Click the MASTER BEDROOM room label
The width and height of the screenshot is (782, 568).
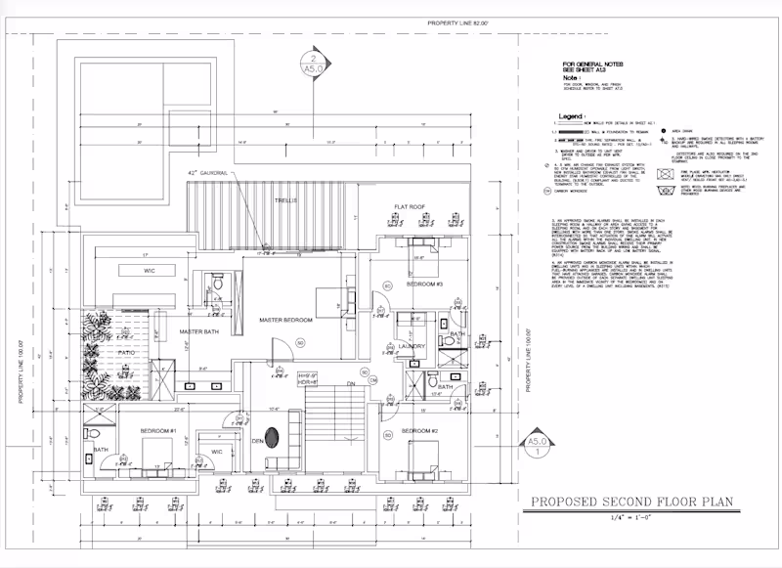pos(285,321)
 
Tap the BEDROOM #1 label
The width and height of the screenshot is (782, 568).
pos(157,432)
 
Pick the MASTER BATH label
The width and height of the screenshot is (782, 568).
pos(198,332)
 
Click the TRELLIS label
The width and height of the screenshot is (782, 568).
pos(286,199)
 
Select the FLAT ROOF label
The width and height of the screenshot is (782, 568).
pos(410,206)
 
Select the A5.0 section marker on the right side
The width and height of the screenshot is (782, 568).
pos(533,447)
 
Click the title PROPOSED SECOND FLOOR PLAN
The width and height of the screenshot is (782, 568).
pos(631,503)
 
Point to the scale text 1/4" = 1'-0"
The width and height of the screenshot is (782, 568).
pos(631,517)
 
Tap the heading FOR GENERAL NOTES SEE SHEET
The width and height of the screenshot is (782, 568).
pos(584,65)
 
